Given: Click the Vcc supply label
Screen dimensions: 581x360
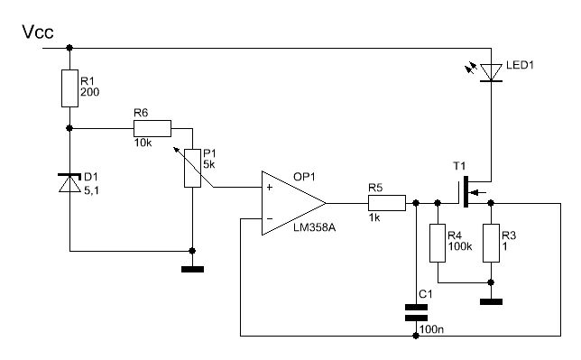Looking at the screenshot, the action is [38, 32].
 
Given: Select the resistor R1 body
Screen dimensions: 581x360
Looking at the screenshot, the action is [69, 88].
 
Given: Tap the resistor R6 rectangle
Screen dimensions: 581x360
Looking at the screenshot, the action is [152, 128].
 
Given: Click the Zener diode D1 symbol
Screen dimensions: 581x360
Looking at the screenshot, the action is [69, 182].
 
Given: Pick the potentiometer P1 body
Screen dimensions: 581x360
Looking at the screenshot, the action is [193, 168].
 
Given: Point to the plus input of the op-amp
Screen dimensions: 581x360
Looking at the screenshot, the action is [270, 188].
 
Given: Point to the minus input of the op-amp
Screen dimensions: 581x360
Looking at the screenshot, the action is [270, 218].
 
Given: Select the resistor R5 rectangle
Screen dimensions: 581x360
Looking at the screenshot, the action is [387, 203].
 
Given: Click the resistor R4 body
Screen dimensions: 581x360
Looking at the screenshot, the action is [438, 243].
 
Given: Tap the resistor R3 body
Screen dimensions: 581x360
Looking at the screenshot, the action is [492, 243].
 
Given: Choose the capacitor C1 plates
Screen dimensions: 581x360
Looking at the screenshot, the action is [416, 312].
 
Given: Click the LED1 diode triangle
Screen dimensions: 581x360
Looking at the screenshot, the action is [492, 73].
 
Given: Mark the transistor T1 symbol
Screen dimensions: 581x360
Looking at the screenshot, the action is [471, 192].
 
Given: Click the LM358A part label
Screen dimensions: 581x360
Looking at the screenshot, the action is [314, 227].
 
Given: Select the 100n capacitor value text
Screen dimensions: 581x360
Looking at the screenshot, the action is [431, 329].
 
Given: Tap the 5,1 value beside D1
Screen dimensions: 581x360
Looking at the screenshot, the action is [91, 191].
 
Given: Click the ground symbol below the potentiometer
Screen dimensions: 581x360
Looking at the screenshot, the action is [193, 269].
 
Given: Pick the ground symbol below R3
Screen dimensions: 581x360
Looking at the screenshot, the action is [492, 301].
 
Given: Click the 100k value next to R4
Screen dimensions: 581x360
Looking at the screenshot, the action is [460, 246].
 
